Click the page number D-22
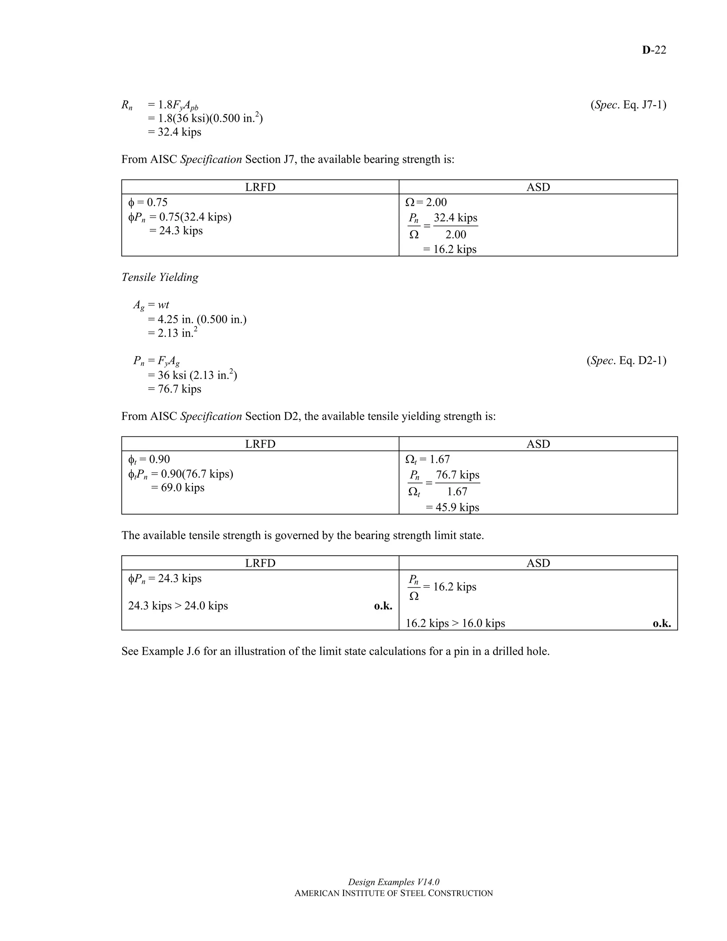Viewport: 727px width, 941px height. click(x=654, y=50)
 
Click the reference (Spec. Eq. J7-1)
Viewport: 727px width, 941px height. click(x=628, y=105)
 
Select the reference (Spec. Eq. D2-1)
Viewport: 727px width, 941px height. click(x=626, y=361)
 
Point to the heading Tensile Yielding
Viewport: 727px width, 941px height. click(x=160, y=277)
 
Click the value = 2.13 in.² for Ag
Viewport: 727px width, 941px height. click(x=172, y=333)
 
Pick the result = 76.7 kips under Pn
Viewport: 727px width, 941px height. click(x=174, y=389)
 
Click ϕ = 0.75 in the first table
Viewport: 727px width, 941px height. click(x=148, y=202)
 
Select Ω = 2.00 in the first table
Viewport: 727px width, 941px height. click(x=426, y=202)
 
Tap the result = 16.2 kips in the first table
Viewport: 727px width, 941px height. click(x=450, y=250)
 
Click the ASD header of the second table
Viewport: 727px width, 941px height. click(x=538, y=444)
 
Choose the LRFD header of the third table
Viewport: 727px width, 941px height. click(x=260, y=563)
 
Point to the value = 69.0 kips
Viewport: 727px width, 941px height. click(x=177, y=488)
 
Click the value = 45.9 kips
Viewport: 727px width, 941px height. click(x=452, y=507)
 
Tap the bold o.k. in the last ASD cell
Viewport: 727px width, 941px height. click(x=662, y=624)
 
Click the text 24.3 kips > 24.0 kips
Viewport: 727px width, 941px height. click(x=178, y=606)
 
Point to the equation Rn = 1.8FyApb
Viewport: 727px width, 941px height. click(x=160, y=105)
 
